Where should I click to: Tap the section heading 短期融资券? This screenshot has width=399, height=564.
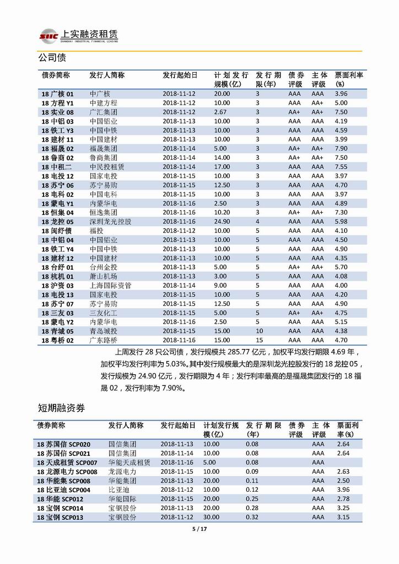coord(62,408)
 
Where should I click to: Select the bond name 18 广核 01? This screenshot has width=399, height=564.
coord(57,94)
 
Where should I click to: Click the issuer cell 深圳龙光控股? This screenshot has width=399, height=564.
coord(111,222)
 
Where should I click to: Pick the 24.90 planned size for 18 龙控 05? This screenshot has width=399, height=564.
coord(222,222)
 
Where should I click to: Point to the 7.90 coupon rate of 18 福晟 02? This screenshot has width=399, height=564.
coord(341,148)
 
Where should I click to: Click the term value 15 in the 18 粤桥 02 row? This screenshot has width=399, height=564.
coord(258,340)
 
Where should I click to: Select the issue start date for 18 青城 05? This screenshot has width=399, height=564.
coord(179,331)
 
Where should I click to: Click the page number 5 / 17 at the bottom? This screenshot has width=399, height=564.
coord(198,529)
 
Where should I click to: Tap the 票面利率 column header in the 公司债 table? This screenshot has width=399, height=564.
coord(349,79)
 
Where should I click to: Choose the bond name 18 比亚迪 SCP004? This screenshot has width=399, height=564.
coord(64,490)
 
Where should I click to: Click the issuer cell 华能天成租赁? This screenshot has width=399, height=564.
coord(129,462)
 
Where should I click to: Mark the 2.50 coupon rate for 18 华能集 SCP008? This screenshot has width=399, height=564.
coord(343,481)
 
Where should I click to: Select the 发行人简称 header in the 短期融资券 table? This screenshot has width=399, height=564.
coord(126,426)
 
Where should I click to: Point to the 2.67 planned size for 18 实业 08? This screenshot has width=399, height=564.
coord(220,112)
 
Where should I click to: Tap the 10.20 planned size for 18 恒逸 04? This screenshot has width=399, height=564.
coord(222,212)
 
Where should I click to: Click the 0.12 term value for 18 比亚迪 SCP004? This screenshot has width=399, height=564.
coord(252,490)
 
